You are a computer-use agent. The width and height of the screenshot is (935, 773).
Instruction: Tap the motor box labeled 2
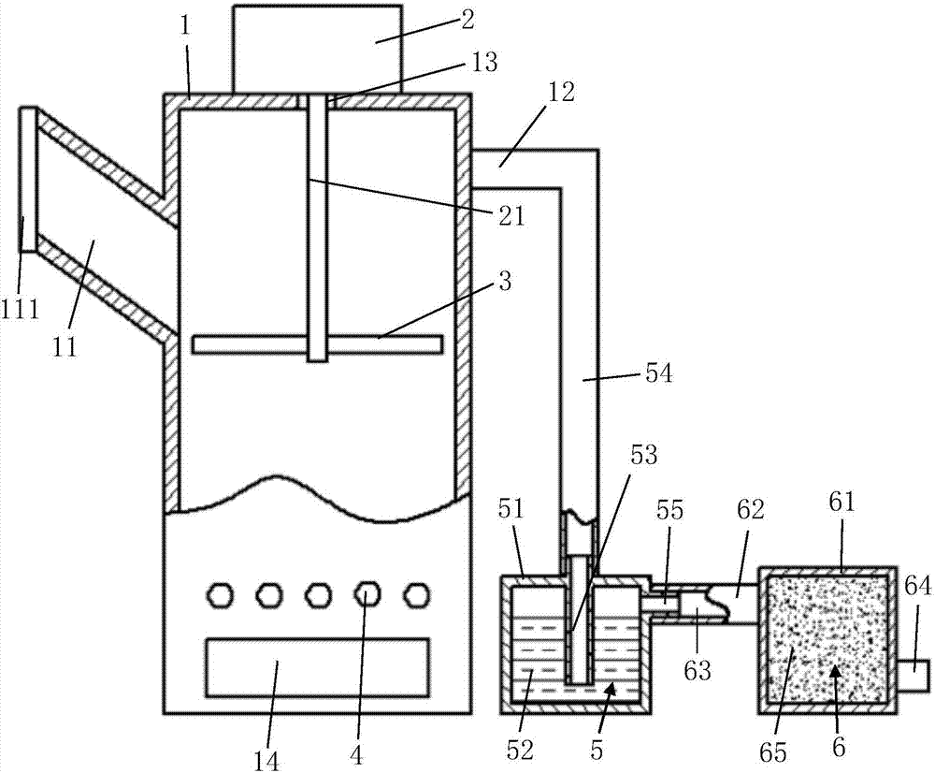coord(317,50)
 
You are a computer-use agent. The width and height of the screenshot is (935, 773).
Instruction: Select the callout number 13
coord(484,62)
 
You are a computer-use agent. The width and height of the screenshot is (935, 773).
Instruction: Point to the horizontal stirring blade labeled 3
coord(317,344)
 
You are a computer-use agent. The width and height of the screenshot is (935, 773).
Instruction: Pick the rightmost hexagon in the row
coord(417,594)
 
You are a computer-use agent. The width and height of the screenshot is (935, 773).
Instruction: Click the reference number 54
coord(657,373)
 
